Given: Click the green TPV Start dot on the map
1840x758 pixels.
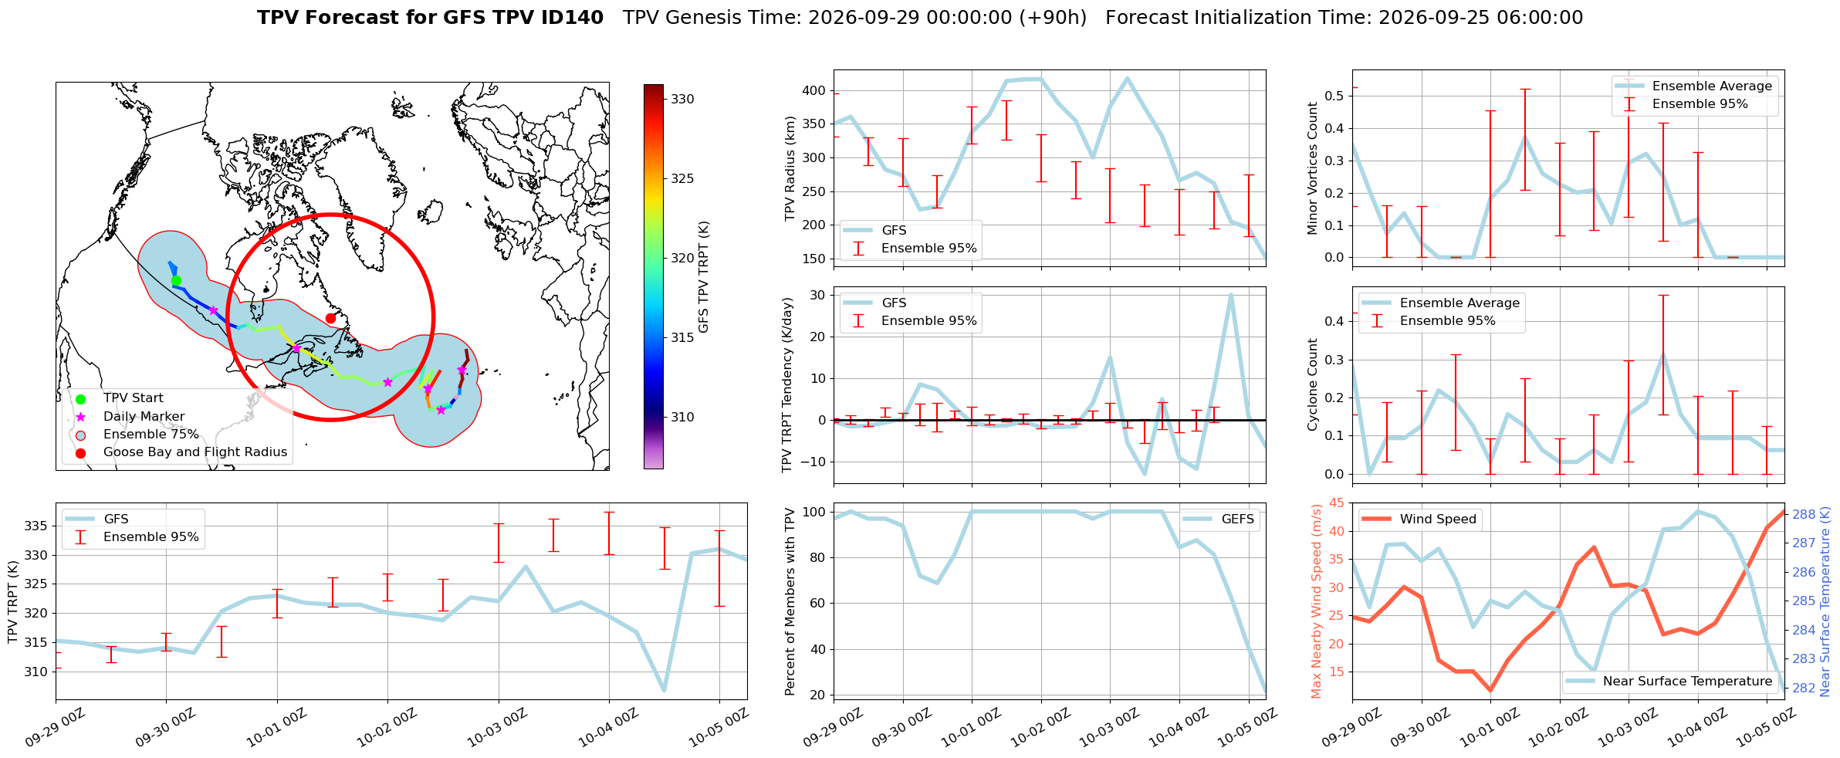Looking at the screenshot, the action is (x=176, y=280).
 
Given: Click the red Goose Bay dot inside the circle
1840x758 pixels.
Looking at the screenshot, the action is (x=330, y=318).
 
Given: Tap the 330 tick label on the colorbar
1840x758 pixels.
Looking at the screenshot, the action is (x=682, y=99).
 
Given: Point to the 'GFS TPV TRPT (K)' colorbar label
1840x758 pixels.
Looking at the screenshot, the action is (x=703, y=277).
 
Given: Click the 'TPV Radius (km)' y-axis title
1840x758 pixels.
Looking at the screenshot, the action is (x=790, y=168).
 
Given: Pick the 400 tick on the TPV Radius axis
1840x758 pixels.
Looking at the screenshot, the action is (x=813, y=91).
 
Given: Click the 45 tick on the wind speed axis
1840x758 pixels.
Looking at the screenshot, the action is (x=1336, y=503).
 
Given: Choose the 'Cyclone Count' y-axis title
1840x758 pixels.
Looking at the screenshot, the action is (x=1312, y=384).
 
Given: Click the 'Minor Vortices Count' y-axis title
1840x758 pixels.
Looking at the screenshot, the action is (x=1312, y=168).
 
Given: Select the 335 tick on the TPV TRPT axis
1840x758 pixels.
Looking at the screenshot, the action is (x=36, y=526).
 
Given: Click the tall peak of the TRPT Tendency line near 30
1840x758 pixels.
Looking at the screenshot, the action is (x=1231, y=295).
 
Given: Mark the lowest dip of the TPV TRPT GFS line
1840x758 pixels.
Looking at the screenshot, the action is (x=664, y=690).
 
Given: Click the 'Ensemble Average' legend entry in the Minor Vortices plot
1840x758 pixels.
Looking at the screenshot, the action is (x=1712, y=86).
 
